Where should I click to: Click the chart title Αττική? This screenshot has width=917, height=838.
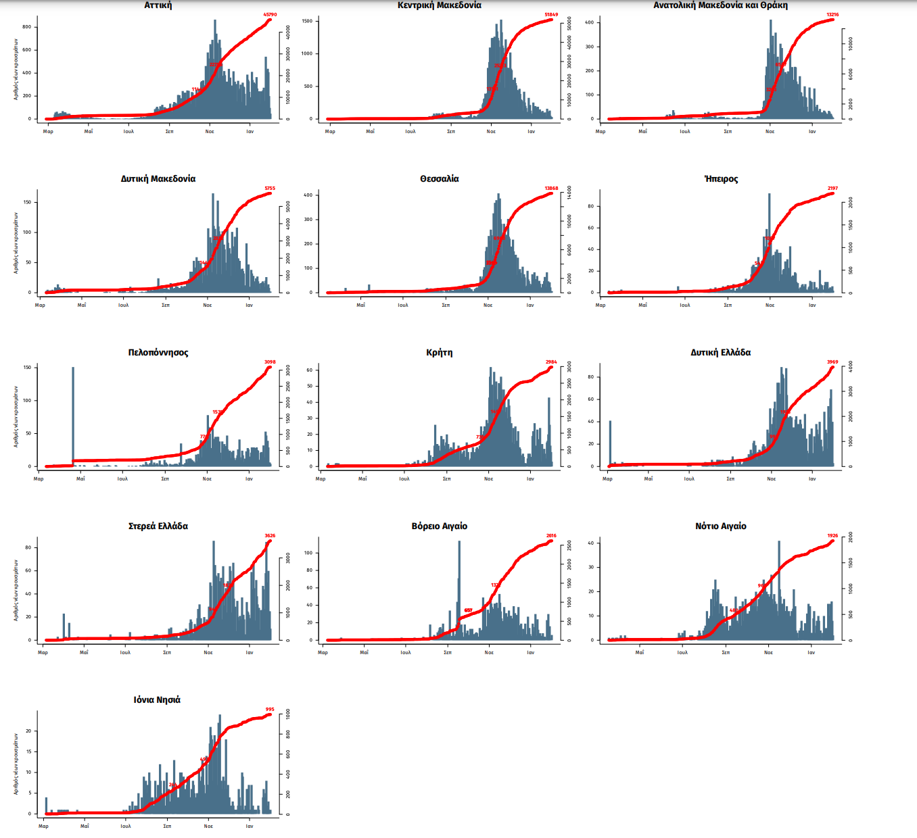(158, 5)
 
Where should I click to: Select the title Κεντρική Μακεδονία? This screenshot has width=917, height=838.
(440, 5)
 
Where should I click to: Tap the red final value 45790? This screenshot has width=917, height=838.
(269, 14)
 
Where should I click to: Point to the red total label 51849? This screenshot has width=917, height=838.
(551, 14)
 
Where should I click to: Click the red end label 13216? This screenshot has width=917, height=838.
(832, 14)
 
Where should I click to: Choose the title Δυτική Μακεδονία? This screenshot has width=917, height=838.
(158, 178)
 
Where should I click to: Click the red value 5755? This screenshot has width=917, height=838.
(270, 189)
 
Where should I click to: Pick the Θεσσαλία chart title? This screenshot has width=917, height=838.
(440, 178)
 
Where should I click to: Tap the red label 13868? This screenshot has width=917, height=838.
(551, 189)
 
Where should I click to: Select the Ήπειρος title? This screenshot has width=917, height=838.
(721, 178)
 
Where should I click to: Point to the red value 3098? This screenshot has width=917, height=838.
(270, 362)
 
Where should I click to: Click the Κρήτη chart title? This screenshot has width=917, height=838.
(440, 352)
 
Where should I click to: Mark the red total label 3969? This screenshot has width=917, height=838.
(832, 362)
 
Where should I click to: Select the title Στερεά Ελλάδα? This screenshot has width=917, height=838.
(158, 526)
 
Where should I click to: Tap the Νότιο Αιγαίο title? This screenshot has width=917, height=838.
(721, 526)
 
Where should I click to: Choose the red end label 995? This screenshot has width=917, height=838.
(270, 710)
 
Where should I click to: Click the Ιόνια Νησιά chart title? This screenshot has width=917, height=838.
(157, 699)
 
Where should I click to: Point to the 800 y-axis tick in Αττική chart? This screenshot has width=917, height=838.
(26, 27)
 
